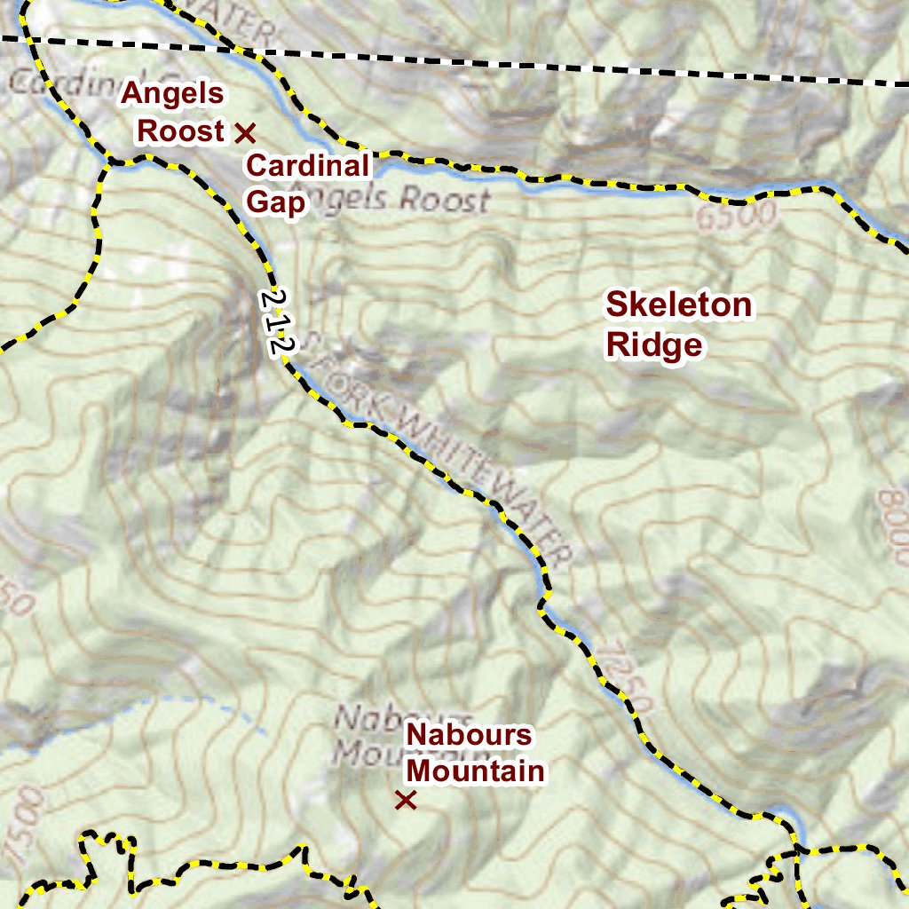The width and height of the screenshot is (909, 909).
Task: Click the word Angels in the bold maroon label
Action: point(173,93)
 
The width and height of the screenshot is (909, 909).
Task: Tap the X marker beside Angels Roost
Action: point(245,133)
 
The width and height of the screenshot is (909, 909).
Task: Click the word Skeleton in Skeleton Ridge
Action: point(678,305)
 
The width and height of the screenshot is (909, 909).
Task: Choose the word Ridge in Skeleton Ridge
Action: point(654,345)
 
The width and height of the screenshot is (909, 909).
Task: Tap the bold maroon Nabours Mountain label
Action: point(475,753)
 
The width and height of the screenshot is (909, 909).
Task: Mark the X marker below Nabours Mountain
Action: point(406,801)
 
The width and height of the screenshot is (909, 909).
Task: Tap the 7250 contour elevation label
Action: point(626,679)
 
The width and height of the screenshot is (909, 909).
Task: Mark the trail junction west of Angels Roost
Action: point(110,162)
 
